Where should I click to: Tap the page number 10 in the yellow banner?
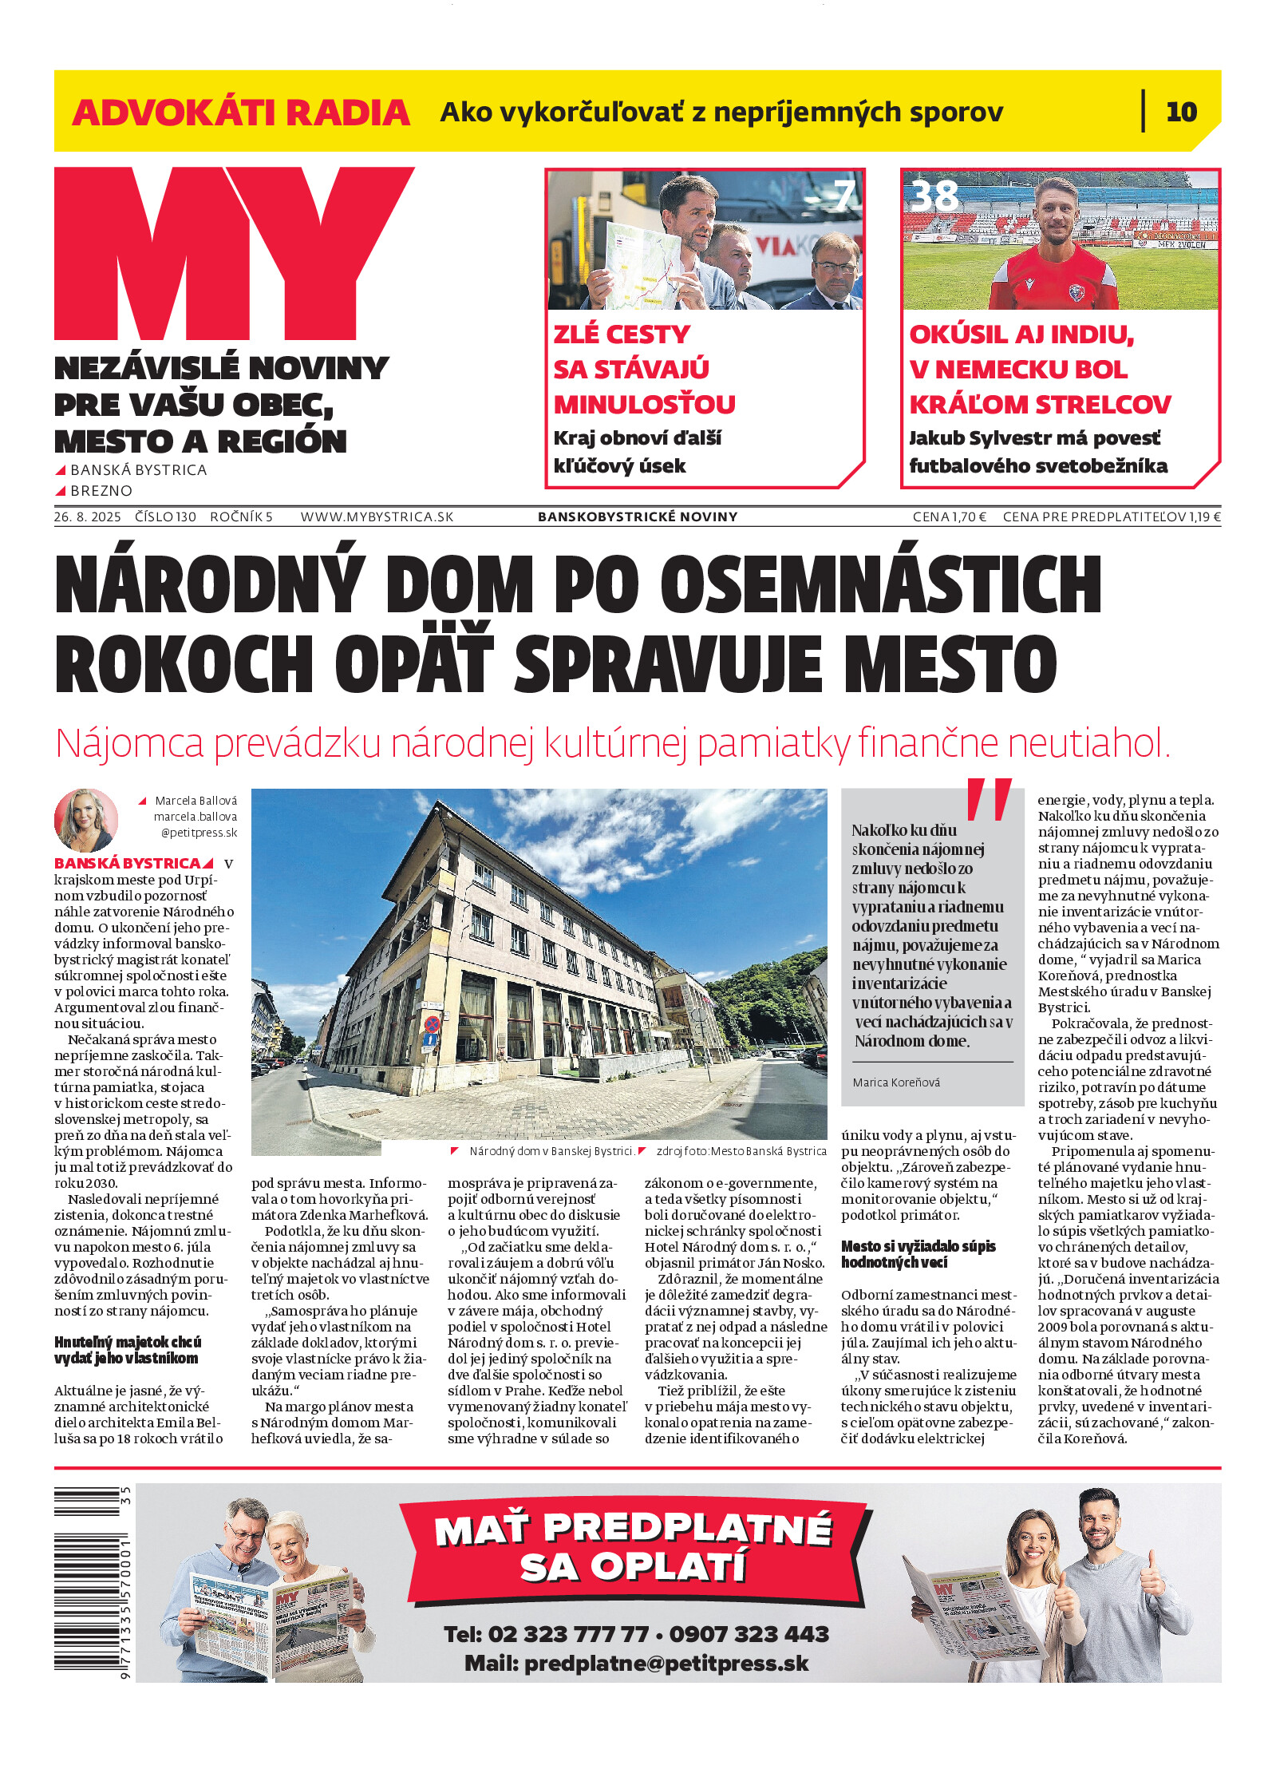coord(1181,112)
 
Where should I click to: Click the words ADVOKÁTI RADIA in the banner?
coord(241,113)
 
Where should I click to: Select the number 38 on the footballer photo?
coord(934,196)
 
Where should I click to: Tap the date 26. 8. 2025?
coord(88,516)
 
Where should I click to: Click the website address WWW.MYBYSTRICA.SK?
coord(377,516)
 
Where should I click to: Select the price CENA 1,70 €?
coord(949,516)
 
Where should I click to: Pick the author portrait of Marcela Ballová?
coord(86,820)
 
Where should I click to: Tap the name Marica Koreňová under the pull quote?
coord(896,1082)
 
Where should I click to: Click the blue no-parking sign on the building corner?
coord(431,1024)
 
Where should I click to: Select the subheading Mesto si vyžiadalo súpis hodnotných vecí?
coord(918,1254)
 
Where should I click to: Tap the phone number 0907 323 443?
coord(749,1634)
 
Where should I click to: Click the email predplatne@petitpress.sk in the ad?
coord(666,1664)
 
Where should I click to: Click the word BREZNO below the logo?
coord(101,490)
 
